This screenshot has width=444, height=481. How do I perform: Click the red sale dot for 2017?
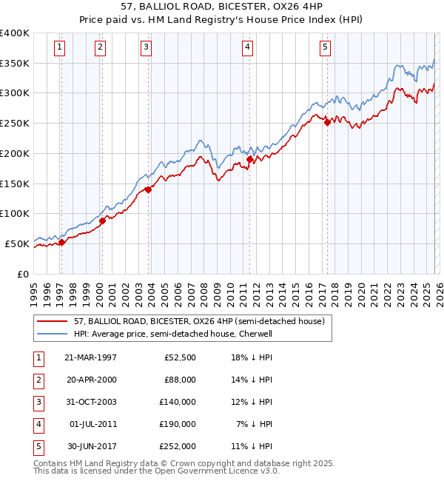327,123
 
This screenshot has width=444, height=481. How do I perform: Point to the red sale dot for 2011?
249,159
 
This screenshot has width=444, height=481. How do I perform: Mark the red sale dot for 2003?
149,189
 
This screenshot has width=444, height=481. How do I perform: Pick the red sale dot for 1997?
62,242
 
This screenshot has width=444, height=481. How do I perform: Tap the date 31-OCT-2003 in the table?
90,402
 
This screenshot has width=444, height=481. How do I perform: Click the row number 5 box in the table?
38,446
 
